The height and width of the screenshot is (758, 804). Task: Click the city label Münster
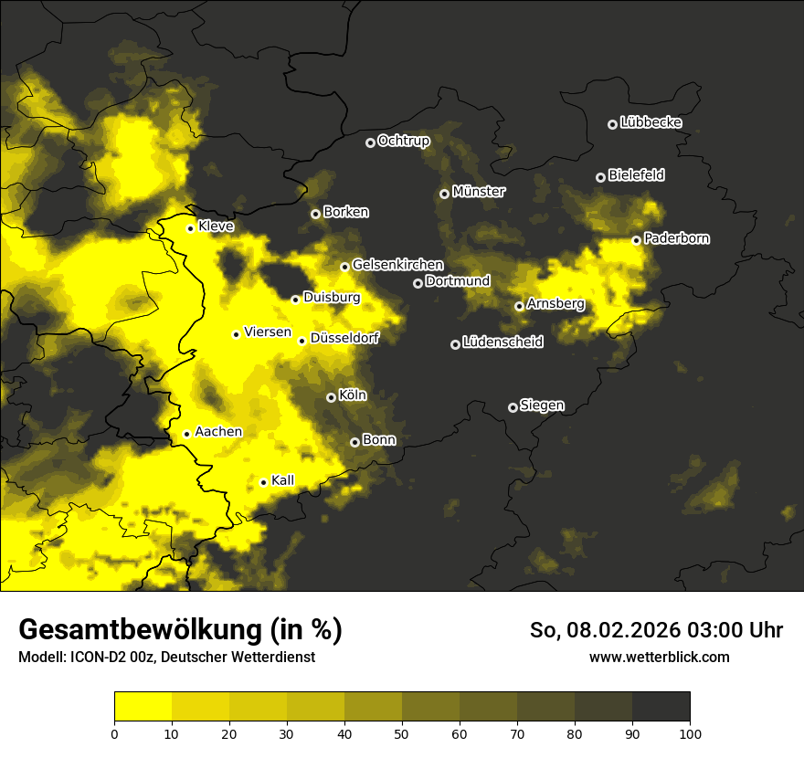click(x=479, y=192)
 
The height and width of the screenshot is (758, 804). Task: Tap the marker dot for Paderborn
click(x=636, y=240)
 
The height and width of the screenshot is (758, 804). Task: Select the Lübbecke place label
click(x=651, y=122)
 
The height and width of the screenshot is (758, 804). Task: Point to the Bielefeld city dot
click(x=600, y=177)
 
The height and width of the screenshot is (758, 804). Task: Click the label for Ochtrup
click(x=403, y=141)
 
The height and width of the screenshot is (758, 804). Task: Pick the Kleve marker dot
click(x=190, y=228)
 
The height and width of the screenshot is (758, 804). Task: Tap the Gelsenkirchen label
click(x=397, y=265)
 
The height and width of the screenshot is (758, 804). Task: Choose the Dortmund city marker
click(x=418, y=283)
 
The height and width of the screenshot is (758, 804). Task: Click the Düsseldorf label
click(x=344, y=338)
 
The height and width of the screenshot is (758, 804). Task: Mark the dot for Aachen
click(x=186, y=434)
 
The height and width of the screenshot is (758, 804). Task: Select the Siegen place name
click(x=542, y=405)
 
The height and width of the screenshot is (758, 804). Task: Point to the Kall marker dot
click(x=263, y=482)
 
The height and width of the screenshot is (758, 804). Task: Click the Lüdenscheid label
click(x=503, y=342)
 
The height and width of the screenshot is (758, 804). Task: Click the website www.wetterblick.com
click(x=659, y=657)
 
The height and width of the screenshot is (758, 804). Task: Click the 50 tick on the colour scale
click(x=402, y=732)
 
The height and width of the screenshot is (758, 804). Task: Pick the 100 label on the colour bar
click(x=690, y=732)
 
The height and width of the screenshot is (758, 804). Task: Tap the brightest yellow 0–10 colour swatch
click(x=143, y=706)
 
